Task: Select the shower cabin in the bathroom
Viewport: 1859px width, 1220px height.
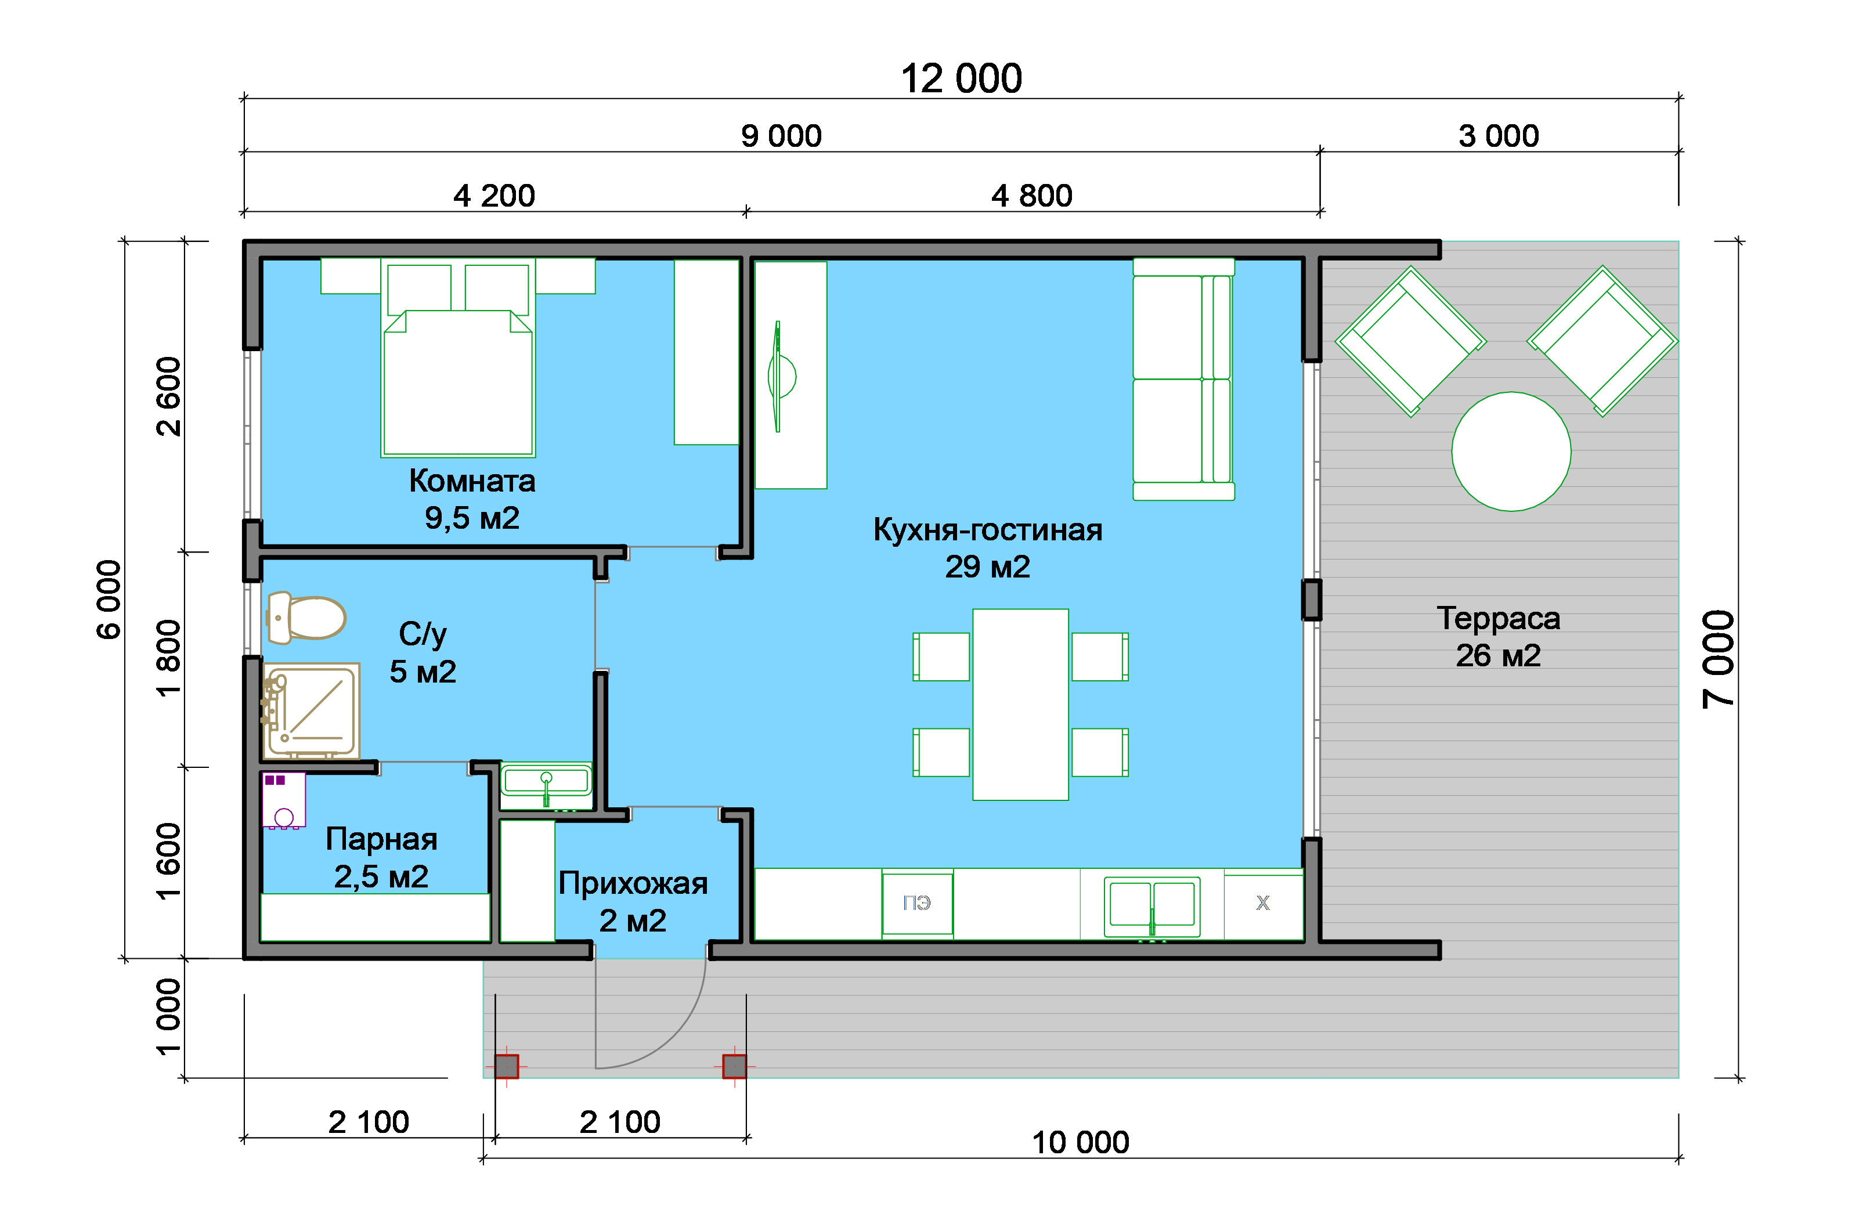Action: point(311,711)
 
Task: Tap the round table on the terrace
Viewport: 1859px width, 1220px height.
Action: point(1511,452)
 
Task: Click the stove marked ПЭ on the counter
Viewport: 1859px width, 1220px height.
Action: point(917,903)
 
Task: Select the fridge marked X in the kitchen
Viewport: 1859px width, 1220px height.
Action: point(1263,904)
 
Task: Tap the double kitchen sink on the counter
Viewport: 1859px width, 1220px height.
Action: point(1152,906)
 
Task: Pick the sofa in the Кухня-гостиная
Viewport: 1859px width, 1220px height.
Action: point(1183,379)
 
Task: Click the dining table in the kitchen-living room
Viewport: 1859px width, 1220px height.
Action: point(1020,705)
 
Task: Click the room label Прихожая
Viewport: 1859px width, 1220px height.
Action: point(633,883)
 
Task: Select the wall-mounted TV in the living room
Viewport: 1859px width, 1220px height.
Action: point(780,377)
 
